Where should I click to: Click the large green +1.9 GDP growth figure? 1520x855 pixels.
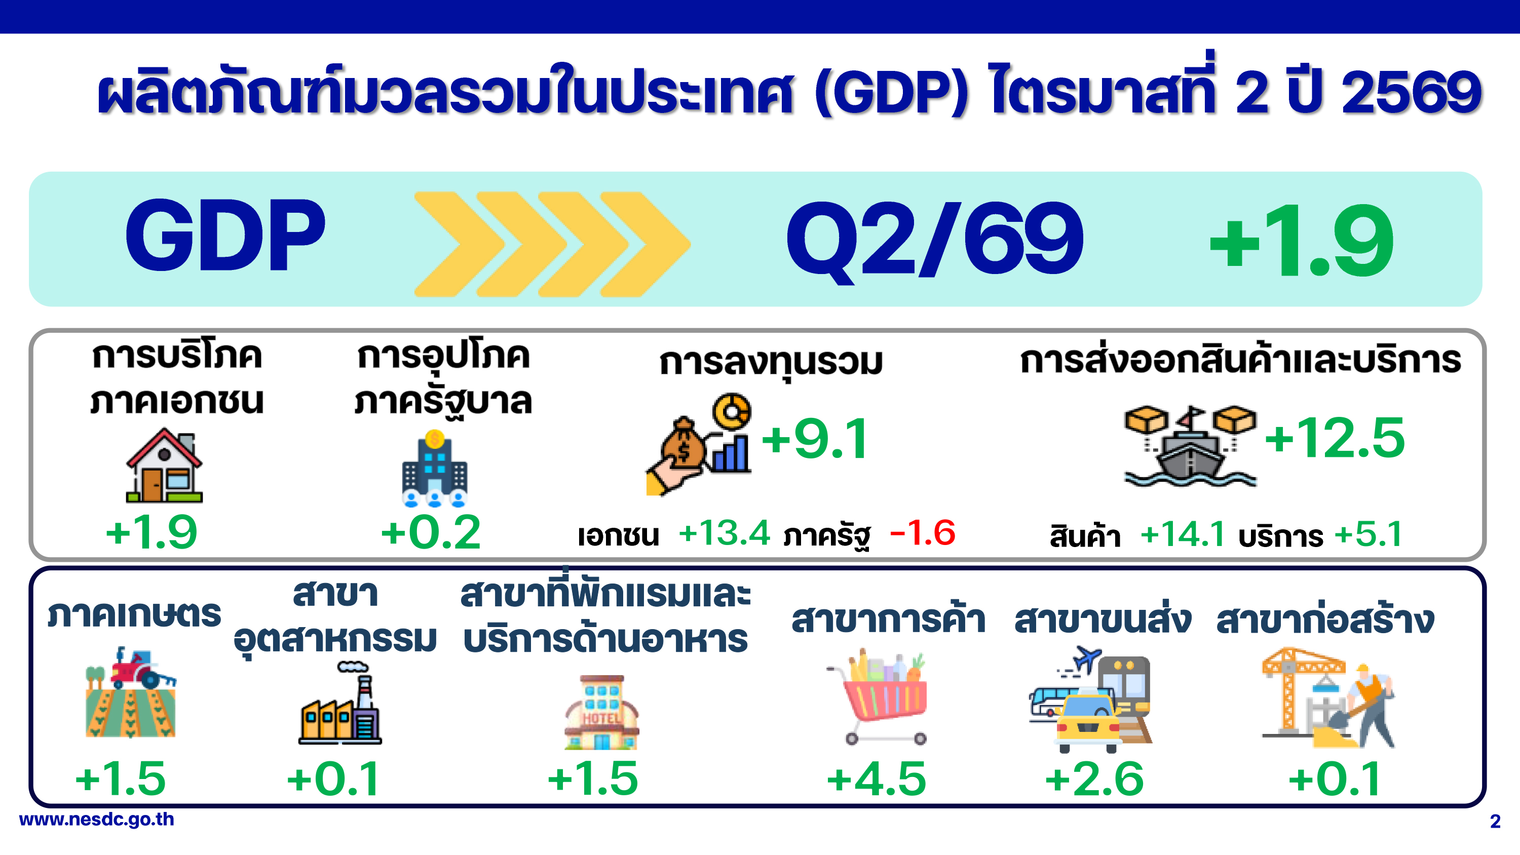pos(1301,240)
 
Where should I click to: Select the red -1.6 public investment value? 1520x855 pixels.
pos(922,533)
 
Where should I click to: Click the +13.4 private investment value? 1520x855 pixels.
pos(724,533)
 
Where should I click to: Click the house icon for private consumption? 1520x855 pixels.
pos(165,465)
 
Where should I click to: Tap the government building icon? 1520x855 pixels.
pos(435,469)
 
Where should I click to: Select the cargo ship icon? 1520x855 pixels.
pos(1190,446)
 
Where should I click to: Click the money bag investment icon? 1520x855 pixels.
pos(699,445)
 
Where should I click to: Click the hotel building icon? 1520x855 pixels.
pos(601,712)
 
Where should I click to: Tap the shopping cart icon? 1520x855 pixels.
pos(877,698)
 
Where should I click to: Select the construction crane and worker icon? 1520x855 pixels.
pos(1329,698)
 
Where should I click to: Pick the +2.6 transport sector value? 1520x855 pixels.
pos(1094,779)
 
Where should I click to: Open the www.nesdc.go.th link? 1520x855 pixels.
pos(97,820)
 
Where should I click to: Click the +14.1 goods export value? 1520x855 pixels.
pos(1183,534)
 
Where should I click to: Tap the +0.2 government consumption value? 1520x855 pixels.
pos(431,532)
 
